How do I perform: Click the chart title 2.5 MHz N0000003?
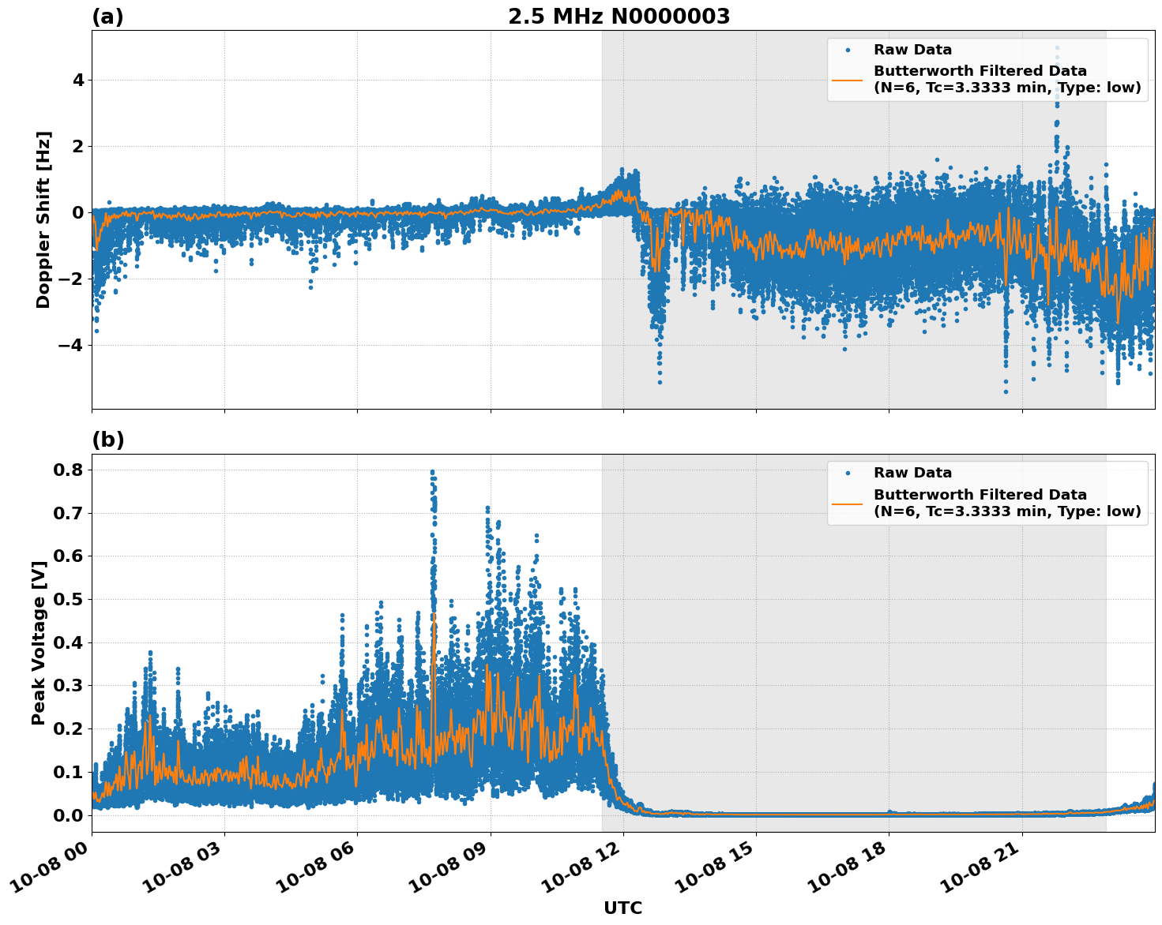pos(619,17)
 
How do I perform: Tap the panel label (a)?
pos(107,17)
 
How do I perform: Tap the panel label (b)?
pos(107,440)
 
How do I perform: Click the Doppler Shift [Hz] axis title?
pos(43,219)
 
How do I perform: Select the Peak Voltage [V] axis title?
pos(39,642)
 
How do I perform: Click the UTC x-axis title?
pos(622,908)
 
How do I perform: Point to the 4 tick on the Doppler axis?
pos(78,81)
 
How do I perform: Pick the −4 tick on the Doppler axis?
pos(71,345)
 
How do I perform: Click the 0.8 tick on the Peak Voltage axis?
pos(68,470)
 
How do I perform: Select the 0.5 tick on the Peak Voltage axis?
pos(68,600)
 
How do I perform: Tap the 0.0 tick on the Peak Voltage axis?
pos(68,815)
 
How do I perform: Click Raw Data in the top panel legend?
pos(912,50)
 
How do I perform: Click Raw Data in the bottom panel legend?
pos(912,473)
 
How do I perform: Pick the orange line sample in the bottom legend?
pos(848,503)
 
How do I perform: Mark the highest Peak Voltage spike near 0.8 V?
pos(432,472)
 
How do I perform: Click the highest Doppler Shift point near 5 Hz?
pos(1057,48)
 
